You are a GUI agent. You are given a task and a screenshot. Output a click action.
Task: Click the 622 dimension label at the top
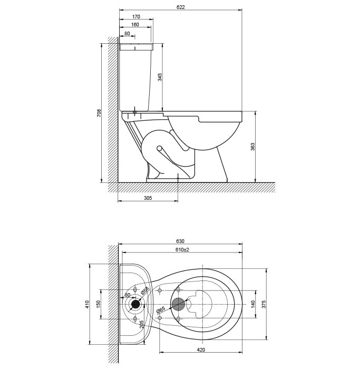[180, 7]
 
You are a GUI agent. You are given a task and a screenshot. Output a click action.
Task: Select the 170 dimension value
[136, 17]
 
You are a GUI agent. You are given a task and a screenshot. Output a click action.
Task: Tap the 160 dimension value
[135, 24]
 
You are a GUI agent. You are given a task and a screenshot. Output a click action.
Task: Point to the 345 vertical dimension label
[160, 77]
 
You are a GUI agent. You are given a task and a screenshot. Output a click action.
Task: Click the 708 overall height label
[99, 113]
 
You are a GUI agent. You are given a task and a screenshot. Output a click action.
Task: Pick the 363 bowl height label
[252, 147]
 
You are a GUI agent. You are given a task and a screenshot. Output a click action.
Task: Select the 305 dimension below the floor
[148, 198]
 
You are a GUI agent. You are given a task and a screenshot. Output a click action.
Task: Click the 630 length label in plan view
[180, 241]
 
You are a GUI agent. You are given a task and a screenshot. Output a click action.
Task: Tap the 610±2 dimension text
[182, 249]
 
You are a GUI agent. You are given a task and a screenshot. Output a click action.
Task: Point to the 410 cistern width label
[87, 304]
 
